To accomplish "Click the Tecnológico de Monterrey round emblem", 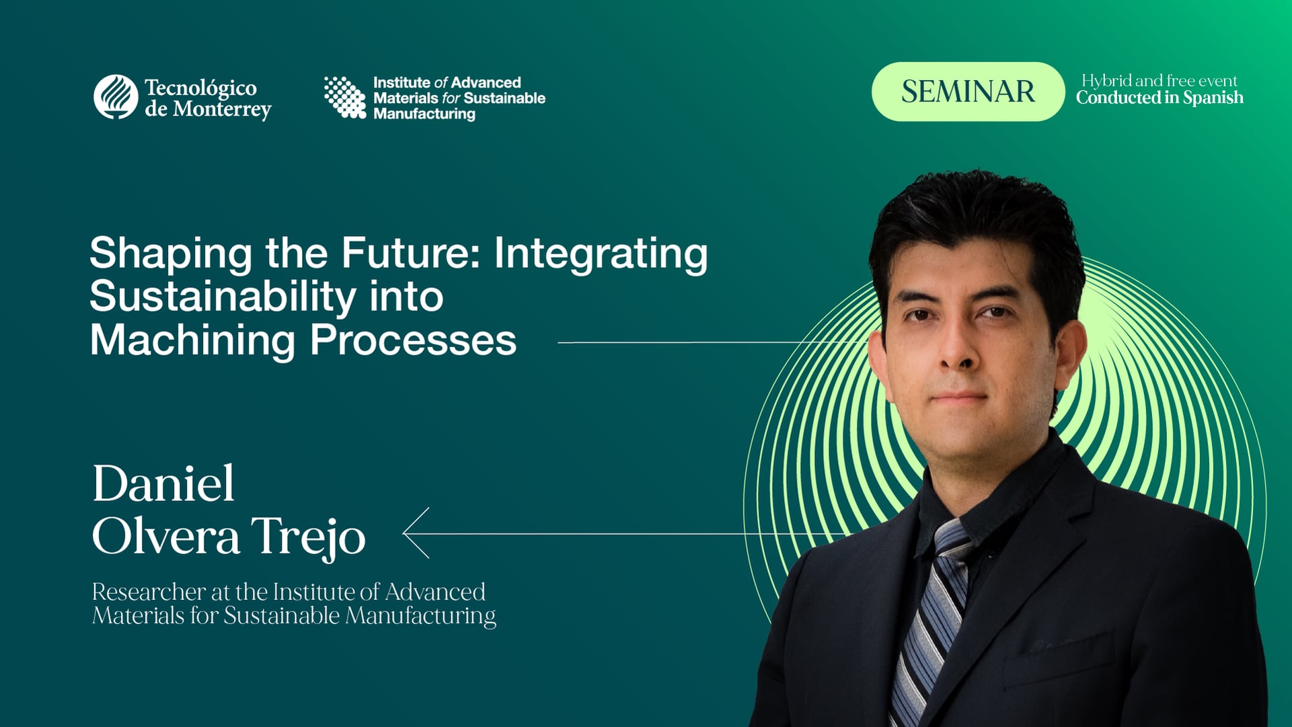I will [116, 97].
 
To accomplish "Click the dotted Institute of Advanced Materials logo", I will [345, 98].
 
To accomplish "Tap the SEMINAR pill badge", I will [967, 91].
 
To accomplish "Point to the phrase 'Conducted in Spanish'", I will [1160, 98].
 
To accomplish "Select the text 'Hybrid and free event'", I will [1160, 81].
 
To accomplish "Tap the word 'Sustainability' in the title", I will [223, 297].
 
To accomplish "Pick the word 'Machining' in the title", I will [192, 340].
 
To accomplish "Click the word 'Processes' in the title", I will [413, 340].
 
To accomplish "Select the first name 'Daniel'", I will [163, 484].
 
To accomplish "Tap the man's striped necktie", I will [932, 619].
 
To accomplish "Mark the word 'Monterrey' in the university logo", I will [221, 110].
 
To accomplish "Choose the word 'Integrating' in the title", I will [601, 254].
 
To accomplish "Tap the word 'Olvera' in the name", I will [165, 537].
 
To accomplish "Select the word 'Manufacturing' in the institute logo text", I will [424, 114].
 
